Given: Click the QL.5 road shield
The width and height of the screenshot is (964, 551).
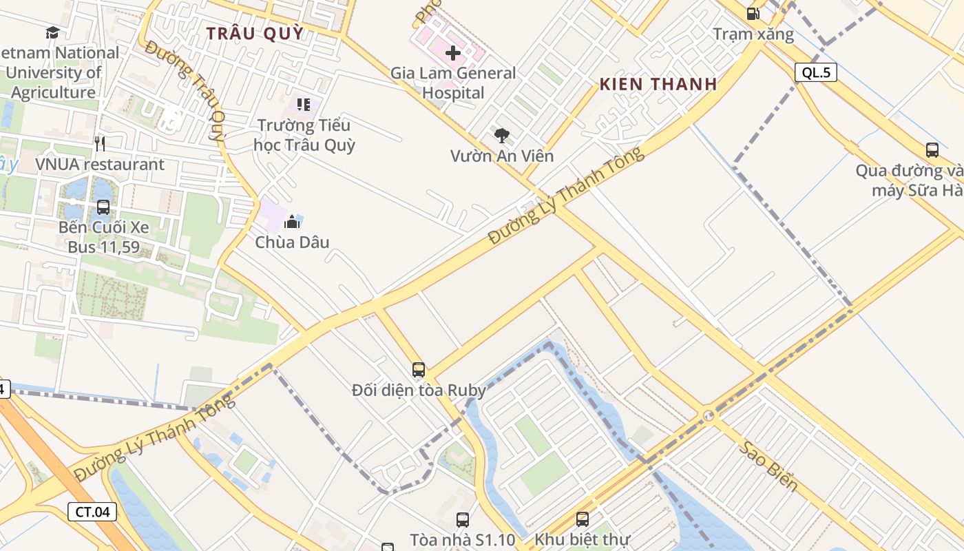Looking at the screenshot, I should (x=816, y=72).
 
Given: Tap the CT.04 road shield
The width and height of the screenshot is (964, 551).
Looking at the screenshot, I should (x=92, y=512).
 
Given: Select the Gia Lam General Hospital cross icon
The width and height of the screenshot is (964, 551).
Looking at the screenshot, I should (x=453, y=52).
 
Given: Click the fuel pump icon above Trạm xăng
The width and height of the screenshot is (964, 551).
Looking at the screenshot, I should (x=753, y=14).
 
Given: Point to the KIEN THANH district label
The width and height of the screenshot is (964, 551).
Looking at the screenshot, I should (x=658, y=85).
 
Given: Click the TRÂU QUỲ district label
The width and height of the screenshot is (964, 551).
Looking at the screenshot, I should (x=255, y=34).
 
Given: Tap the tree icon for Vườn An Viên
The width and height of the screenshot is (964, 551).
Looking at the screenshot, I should (x=502, y=136).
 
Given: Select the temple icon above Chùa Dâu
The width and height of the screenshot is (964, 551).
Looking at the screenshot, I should (x=292, y=222).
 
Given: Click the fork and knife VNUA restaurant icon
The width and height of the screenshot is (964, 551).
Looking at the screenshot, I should (x=101, y=143).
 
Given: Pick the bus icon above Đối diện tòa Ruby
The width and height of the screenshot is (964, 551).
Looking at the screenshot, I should (x=419, y=370).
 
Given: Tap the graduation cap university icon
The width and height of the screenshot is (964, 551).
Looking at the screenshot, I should (x=52, y=32).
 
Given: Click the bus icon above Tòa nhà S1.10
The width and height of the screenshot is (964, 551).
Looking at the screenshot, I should (x=463, y=520).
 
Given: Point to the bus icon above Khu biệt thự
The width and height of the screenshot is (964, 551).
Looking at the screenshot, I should (x=583, y=519).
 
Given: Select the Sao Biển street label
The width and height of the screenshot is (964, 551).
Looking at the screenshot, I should (x=770, y=466).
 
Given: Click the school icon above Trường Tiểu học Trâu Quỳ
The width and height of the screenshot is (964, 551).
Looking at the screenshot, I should (x=304, y=105).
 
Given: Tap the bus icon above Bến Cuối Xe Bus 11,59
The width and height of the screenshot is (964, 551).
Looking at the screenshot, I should (x=103, y=207).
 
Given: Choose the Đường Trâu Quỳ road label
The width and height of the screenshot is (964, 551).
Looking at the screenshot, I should (x=186, y=93).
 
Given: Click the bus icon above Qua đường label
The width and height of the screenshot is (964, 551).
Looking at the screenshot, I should (x=932, y=150).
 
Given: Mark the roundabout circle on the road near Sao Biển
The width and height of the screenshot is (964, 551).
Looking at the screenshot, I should (x=709, y=415).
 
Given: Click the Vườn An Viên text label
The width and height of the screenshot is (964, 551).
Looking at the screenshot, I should (x=501, y=156).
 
